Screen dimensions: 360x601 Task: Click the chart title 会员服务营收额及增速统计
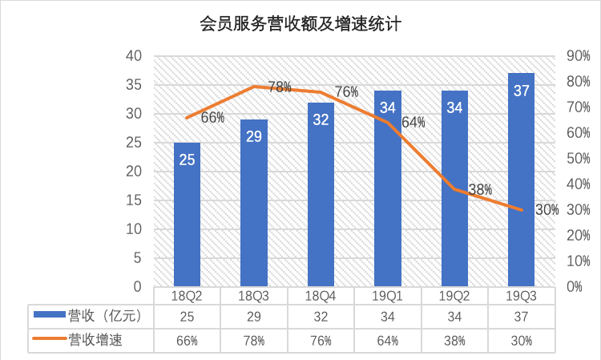tap(300, 24)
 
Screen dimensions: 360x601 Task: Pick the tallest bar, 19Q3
tap(521, 184)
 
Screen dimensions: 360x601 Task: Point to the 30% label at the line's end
tap(547, 210)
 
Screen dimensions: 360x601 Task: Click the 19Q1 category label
tap(388, 296)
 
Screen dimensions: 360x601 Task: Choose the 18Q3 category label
tap(254, 296)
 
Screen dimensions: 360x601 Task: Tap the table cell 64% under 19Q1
tap(388, 340)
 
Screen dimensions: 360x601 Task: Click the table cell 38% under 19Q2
tap(454, 340)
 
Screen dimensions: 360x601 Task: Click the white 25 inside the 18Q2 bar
tap(187, 160)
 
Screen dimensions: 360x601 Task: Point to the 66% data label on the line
tap(212, 118)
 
